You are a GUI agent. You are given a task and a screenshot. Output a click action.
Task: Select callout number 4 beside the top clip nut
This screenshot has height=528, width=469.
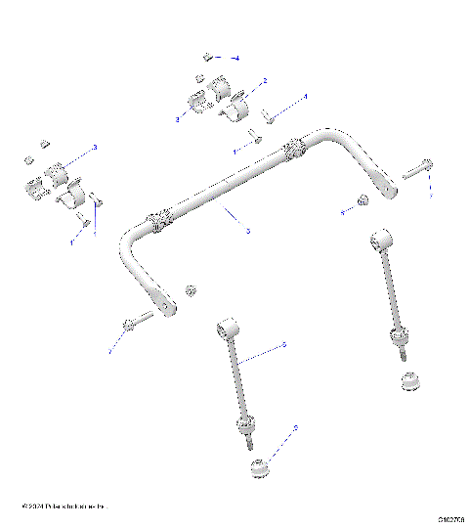(x=235, y=59)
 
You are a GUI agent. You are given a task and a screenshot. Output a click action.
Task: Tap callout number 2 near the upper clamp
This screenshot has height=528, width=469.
(x=265, y=80)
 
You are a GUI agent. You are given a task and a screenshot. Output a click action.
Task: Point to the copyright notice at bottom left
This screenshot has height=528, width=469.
(x=64, y=507)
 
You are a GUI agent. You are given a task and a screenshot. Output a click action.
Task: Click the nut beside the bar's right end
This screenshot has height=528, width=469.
(x=361, y=201)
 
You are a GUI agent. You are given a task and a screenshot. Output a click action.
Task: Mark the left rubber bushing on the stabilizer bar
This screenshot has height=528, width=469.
(x=161, y=223)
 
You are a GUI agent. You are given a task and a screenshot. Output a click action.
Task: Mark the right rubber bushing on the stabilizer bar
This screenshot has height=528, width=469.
(x=293, y=152)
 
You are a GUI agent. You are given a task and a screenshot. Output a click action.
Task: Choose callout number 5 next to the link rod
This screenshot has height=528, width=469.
(x=283, y=344)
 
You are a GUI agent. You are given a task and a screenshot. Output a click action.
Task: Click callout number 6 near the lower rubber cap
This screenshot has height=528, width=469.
(x=295, y=428)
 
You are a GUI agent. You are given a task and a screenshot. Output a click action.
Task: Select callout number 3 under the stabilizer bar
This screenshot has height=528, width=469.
(x=247, y=231)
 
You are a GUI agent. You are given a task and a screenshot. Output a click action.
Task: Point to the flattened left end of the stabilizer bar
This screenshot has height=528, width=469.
(x=167, y=309)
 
